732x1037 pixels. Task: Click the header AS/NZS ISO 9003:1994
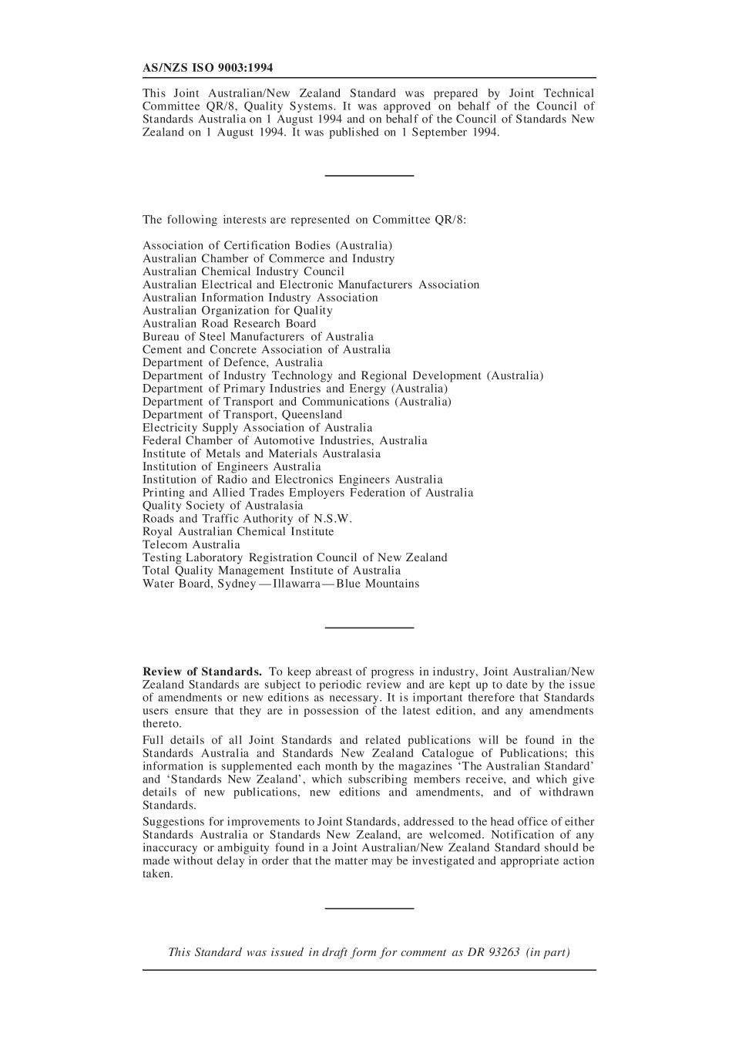coord(207,68)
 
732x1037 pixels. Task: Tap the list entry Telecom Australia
coord(191,545)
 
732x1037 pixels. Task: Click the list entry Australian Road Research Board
coord(229,324)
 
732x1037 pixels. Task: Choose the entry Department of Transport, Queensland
coord(242,415)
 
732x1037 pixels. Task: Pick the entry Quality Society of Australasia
coord(223,506)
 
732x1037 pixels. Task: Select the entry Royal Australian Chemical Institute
coord(238,532)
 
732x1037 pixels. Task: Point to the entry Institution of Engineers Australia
coord(231,467)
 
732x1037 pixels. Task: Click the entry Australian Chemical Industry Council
coord(243,272)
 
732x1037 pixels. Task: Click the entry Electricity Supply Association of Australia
coord(257,428)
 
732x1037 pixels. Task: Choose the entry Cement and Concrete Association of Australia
coord(266,350)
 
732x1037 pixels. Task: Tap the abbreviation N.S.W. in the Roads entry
coord(332,519)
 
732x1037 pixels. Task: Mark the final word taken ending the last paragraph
coord(157,874)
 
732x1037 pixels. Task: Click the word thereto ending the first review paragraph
coord(162,724)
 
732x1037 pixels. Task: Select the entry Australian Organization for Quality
coord(237,311)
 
